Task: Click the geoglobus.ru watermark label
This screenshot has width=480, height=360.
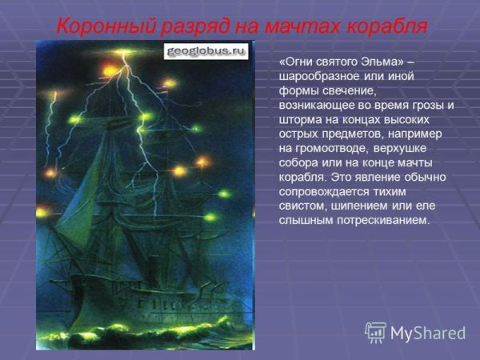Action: pos(206,51)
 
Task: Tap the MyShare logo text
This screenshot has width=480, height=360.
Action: pos(428,333)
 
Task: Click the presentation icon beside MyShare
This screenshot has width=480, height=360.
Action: pos(375,332)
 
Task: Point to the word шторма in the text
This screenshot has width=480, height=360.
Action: pos(302,119)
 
